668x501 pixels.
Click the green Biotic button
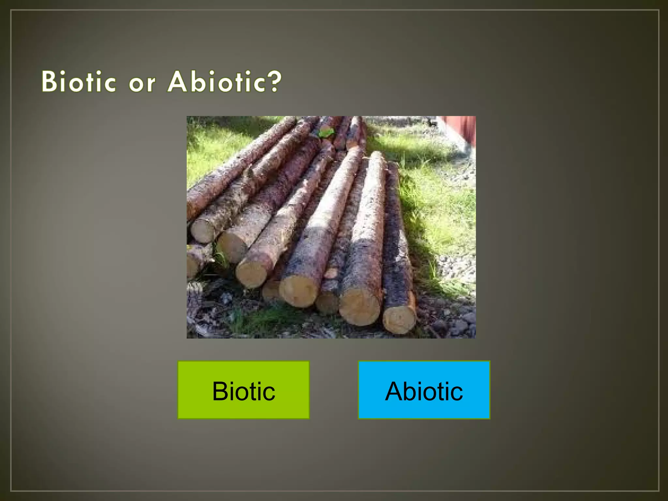tap(243, 390)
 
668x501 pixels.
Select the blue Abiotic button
tap(424, 390)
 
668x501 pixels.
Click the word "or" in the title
tap(142, 83)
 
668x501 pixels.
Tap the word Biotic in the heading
tap(79, 81)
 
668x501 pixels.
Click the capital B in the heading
tap(49, 81)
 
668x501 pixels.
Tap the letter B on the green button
tap(220, 391)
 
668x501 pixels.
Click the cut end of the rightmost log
tap(399, 320)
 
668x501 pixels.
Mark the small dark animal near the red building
tap(433, 123)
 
